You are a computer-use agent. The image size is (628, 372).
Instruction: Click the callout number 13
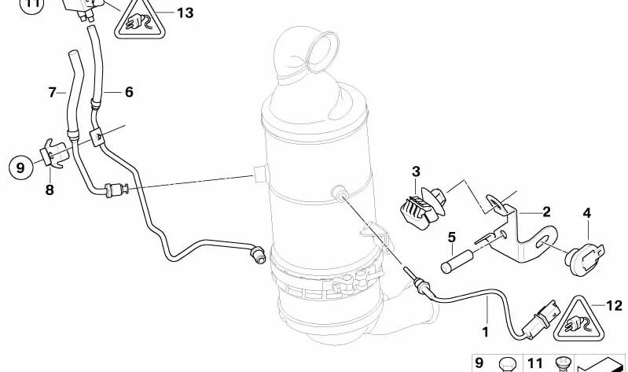click(185, 13)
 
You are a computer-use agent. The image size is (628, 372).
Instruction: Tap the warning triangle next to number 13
click(139, 22)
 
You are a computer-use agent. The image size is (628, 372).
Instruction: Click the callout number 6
click(129, 92)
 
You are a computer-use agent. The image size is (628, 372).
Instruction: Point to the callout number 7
click(53, 92)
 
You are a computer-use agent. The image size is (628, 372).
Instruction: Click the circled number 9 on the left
click(20, 168)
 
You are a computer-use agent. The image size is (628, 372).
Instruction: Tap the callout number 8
click(50, 190)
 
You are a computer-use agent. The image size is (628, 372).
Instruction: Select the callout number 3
click(416, 172)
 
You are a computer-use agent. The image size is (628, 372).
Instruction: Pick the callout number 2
click(546, 212)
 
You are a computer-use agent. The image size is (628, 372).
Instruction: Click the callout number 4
click(587, 213)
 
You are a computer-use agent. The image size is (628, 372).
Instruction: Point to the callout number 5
click(452, 238)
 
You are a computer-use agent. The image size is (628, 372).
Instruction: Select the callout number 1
click(486, 332)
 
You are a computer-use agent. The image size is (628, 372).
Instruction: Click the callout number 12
click(614, 306)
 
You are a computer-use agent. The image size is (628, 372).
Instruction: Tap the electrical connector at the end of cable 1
click(542, 319)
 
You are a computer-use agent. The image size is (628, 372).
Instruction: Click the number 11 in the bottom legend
click(535, 363)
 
